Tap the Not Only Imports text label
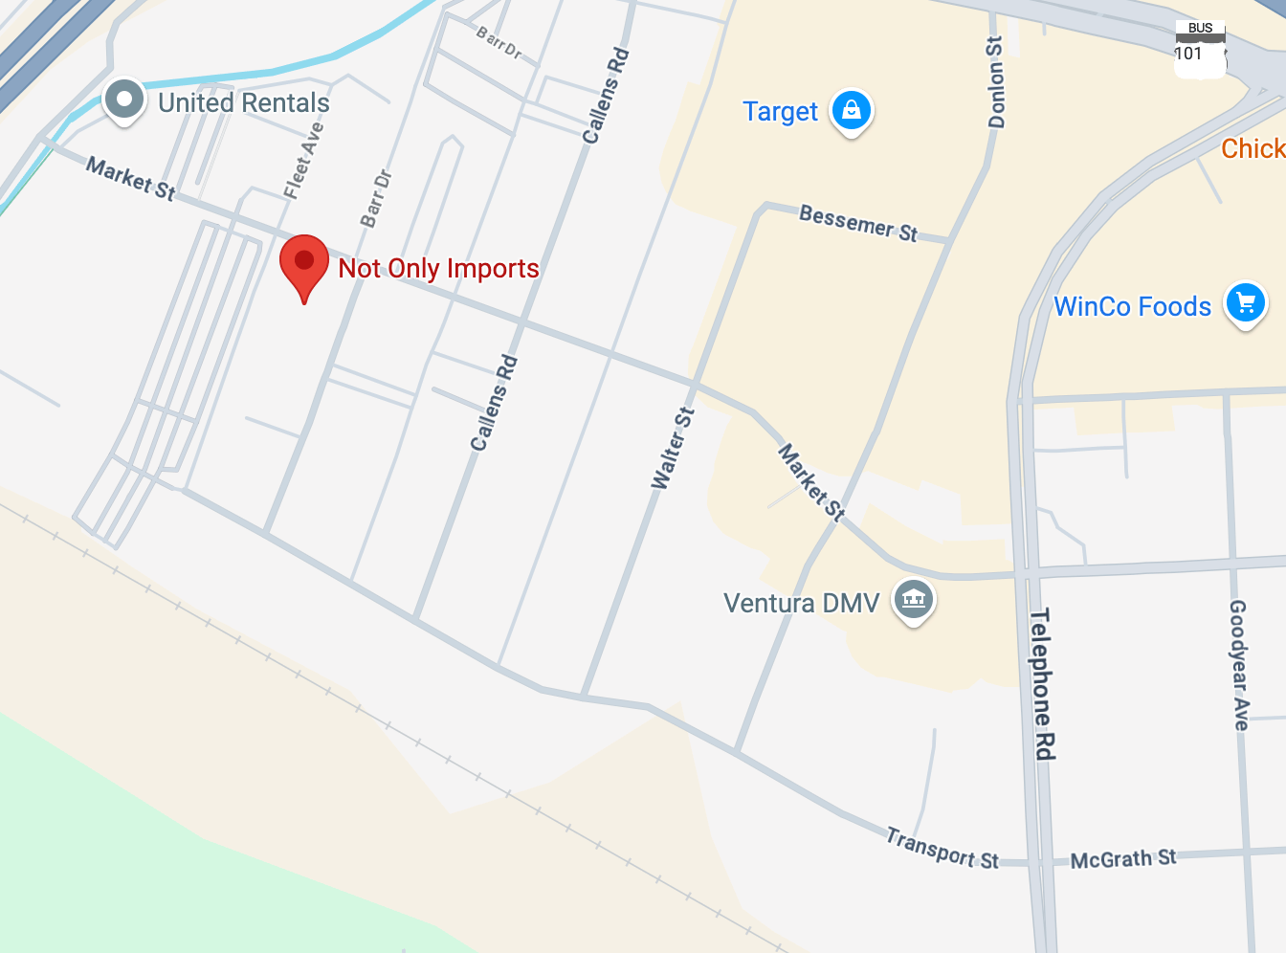[438, 269]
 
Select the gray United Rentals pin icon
[123, 100]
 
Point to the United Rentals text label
[244, 103]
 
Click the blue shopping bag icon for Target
[851, 111]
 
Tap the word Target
[781, 112]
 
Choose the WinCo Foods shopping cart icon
[1245, 304]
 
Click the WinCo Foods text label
[1132, 307]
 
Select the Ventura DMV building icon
[913, 600]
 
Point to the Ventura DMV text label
[801, 604]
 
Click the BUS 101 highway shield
[1199, 46]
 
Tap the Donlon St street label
[996, 82]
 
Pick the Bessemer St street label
[858, 224]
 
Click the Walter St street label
[673, 448]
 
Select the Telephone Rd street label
[1043, 683]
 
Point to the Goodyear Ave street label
[1239, 665]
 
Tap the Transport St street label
[942, 849]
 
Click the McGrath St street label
[1123, 858]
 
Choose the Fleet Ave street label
[304, 161]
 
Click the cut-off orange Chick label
[1253, 149]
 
